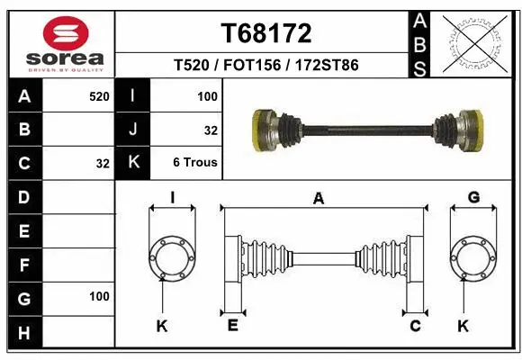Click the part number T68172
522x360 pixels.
point(266,33)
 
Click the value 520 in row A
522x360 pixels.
point(99,95)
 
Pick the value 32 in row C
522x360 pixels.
point(103,164)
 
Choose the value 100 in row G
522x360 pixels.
point(99,296)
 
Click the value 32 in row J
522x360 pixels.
point(211,130)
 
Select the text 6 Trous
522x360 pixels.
point(195,163)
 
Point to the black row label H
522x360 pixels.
point(24,332)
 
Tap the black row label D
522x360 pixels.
point(24,197)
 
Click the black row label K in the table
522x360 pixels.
point(134,163)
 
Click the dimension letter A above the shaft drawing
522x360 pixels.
point(318,200)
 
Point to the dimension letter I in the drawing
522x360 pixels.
point(172,198)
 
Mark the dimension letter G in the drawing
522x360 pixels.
point(473,198)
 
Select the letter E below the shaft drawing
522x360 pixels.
point(232,325)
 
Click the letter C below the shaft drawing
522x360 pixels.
point(415,326)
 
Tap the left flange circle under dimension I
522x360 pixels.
point(172,258)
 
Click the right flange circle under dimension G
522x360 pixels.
point(473,258)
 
